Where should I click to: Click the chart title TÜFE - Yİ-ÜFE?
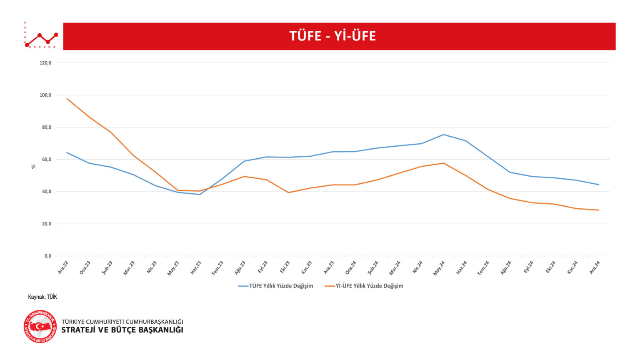(332, 36)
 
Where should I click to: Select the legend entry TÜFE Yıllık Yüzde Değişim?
(281, 286)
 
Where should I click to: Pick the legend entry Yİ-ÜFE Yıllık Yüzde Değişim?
(369, 286)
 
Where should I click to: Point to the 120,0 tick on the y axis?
(45, 63)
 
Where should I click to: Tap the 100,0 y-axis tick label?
(45, 95)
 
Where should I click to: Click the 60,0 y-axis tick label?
(46, 160)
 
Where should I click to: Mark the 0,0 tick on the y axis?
(48, 256)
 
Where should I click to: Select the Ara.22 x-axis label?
(63, 267)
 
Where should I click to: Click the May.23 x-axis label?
(173, 268)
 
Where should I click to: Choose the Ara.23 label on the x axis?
(329, 267)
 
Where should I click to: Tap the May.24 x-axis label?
(439, 268)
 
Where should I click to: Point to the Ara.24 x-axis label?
(595, 267)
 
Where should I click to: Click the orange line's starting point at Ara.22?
(67, 99)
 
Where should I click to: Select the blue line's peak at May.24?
(443, 135)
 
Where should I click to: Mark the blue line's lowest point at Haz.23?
(200, 194)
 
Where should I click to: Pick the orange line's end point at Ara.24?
(598, 210)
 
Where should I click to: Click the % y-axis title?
(33, 166)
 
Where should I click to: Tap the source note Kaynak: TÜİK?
(42, 297)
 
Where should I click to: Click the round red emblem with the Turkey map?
(40, 326)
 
